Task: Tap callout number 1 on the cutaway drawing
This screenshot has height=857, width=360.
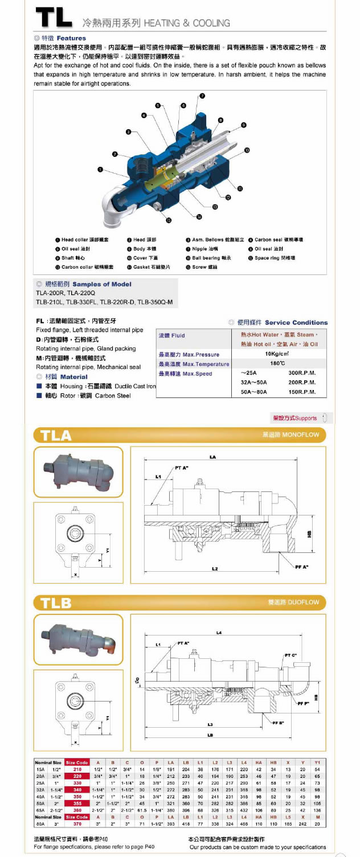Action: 101,169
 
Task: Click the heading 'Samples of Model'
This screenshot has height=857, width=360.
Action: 101,284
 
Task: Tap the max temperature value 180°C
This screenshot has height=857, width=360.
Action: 277,363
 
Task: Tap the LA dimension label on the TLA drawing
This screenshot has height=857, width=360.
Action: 213,456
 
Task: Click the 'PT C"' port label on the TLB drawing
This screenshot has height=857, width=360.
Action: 290,655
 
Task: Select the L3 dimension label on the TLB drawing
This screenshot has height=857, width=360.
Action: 210,724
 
